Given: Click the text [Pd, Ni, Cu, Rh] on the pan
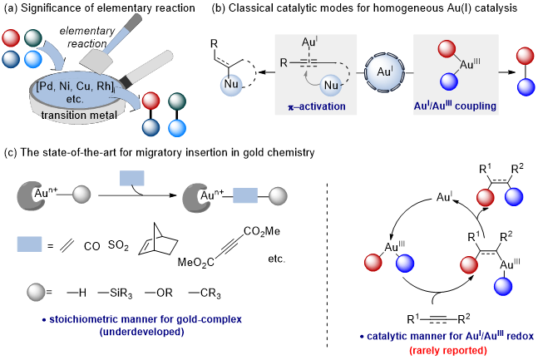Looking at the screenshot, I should pyautogui.click(x=77, y=86).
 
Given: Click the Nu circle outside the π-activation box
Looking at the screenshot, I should pyautogui.click(x=232, y=84).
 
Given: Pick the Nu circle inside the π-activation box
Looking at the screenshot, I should pyautogui.click(x=331, y=85).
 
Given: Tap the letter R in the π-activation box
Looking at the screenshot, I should pyautogui.click(x=284, y=62).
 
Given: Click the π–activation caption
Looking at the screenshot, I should pyautogui.click(x=315, y=106).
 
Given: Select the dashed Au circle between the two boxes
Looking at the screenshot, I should pyautogui.click(x=385, y=72).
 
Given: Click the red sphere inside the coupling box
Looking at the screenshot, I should pyautogui.click(x=447, y=50).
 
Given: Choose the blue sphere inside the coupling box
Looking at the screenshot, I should pyautogui.click(x=448, y=81).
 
